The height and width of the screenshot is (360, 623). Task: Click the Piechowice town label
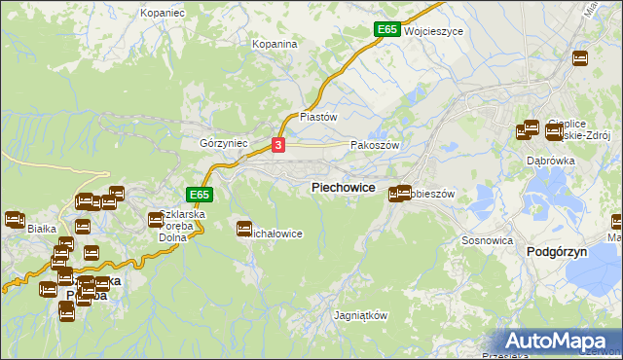pos(343,186)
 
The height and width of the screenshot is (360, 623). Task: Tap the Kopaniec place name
pos(163,14)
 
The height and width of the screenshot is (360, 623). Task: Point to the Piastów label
pos(318,116)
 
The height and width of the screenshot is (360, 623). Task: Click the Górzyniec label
pos(225,143)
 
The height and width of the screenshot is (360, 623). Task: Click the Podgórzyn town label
pos(553,251)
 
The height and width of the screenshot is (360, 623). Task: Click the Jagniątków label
pos(360,316)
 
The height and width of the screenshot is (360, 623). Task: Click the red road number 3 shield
pos(279,145)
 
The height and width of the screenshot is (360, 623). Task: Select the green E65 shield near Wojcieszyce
pos(386,30)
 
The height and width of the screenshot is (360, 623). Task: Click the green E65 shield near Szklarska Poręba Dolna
pos(199,195)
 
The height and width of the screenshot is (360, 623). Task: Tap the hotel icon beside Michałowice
pos(244,229)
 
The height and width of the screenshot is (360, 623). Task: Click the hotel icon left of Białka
pos(14,220)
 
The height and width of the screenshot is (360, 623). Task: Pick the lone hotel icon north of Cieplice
pos(580,58)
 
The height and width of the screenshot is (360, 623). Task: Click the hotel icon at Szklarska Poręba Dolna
pos(156,220)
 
